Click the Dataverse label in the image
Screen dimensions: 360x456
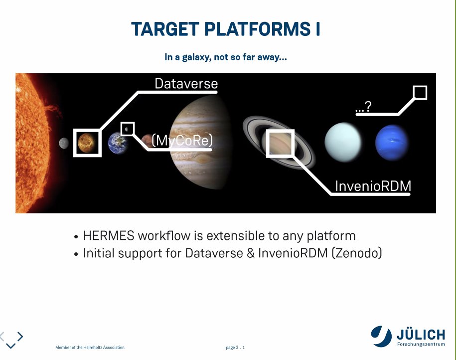click(x=186, y=83)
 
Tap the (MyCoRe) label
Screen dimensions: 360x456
click(x=181, y=142)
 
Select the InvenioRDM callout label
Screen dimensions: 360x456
click(x=373, y=186)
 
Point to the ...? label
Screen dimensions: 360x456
click(x=363, y=106)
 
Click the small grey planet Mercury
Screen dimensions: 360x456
click(x=63, y=143)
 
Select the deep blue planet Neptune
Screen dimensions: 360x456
click(x=392, y=141)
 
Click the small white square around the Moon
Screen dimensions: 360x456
click(x=128, y=129)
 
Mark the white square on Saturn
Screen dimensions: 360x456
click(x=280, y=143)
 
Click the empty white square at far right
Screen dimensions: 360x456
click(x=420, y=93)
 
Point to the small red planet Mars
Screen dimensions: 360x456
click(x=147, y=140)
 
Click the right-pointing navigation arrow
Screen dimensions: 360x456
click(x=20, y=336)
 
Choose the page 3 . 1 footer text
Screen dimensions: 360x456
click(x=235, y=348)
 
